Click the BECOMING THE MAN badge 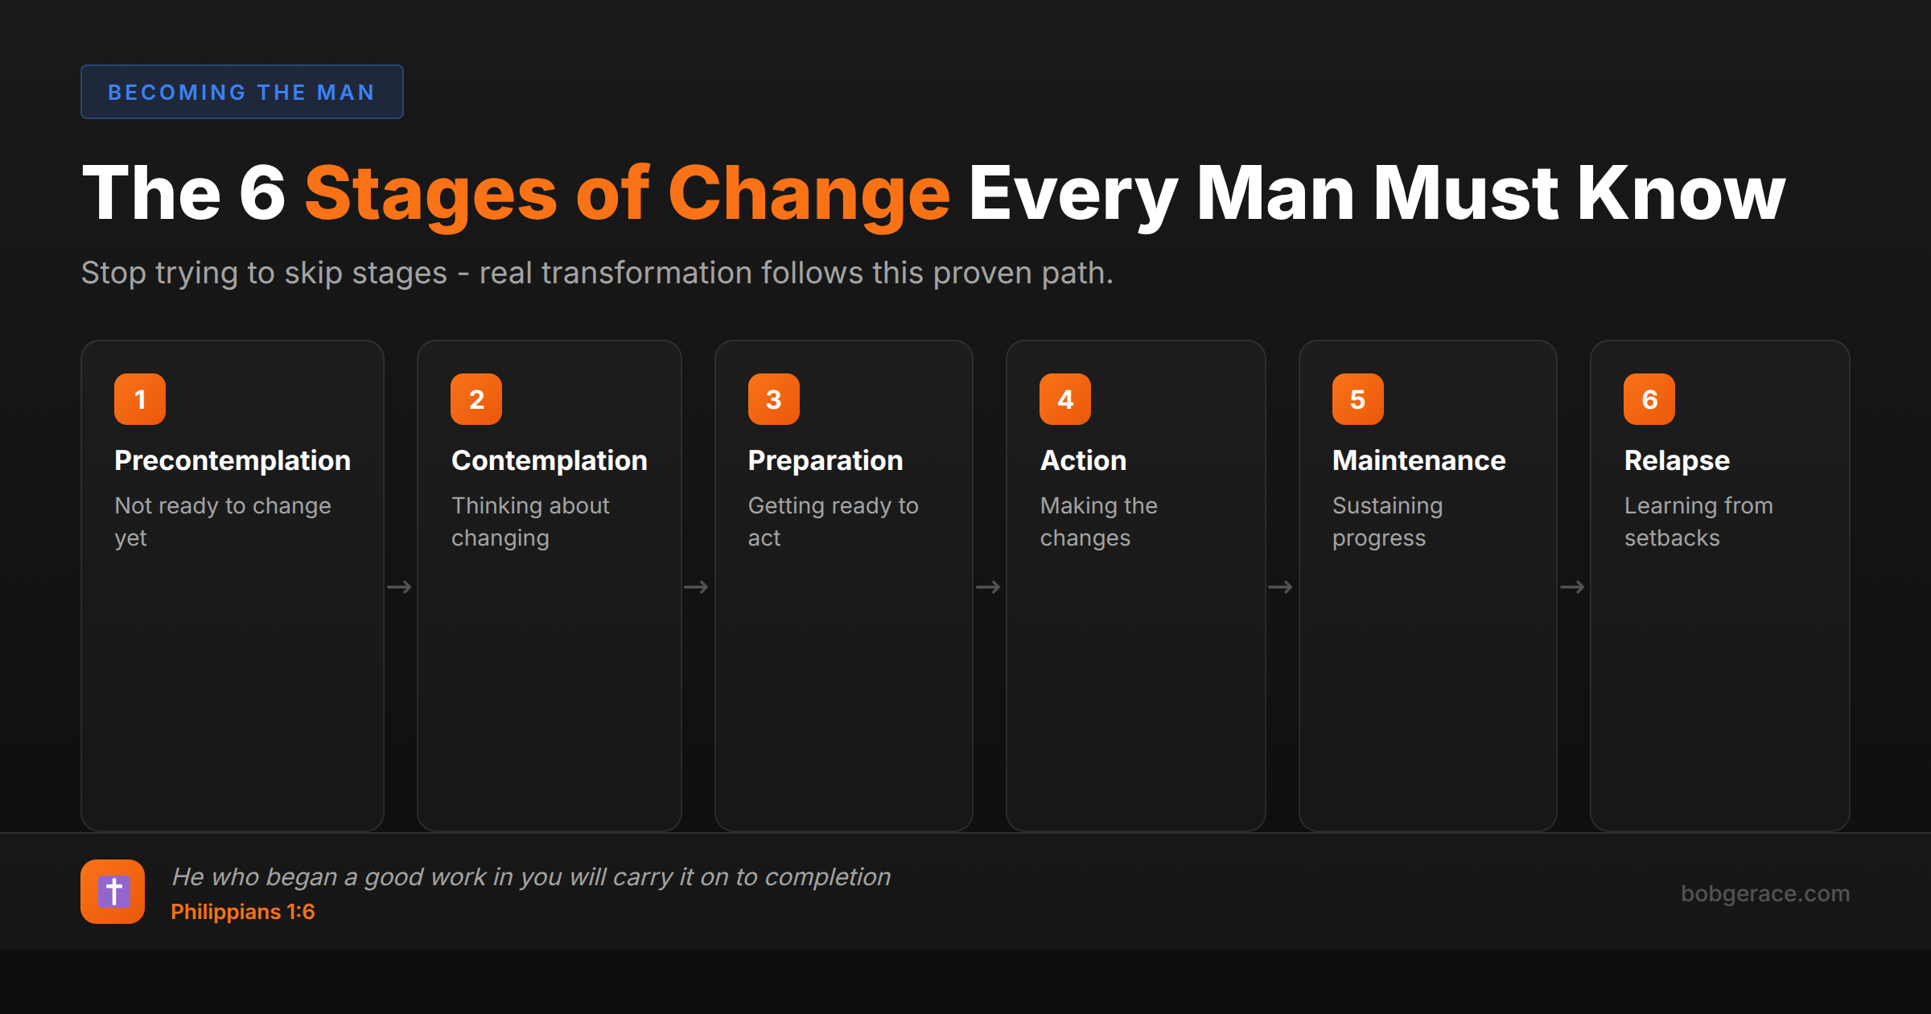coord(241,92)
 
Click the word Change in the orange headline coord(809,194)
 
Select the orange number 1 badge coord(140,399)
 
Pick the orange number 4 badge coord(1064,399)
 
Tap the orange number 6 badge coord(1649,399)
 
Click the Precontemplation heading coord(233,460)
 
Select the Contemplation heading coord(549,460)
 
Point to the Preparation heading coord(825,460)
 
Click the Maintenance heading coord(1418,460)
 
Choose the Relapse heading coord(1676,460)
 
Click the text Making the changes coord(1098,521)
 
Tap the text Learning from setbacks coord(1698,521)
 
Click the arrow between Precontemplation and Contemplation coord(399,587)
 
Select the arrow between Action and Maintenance coord(1280,587)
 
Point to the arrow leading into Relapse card coord(1572,587)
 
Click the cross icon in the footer coord(113,892)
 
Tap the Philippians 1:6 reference coord(242,912)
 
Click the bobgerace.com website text coord(1764,893)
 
